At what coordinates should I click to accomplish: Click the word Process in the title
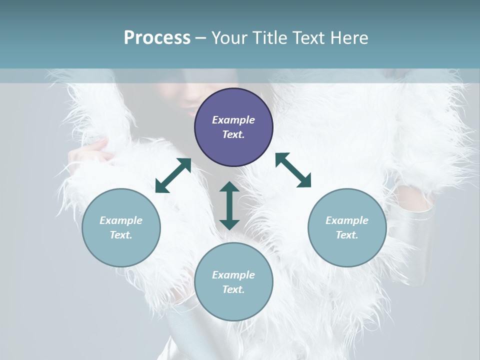click(157, 38)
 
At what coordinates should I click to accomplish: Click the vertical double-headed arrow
click(229, 205)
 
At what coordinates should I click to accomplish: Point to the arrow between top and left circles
click(173, 175)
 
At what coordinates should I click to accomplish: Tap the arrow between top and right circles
click(293, 170)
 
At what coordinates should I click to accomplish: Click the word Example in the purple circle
click(233, 120)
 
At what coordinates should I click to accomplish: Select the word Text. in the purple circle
click(233, 134)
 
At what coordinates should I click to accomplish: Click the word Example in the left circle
click(121, 220)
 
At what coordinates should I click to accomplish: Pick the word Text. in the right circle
click(347, 235)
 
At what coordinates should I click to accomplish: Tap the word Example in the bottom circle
click(233, 275)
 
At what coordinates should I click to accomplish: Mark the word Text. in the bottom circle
click(233, 289)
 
